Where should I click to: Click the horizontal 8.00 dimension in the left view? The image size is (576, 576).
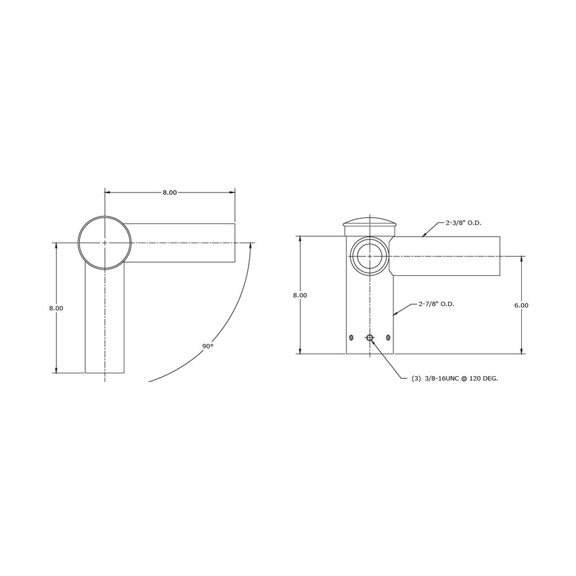click(170, 192)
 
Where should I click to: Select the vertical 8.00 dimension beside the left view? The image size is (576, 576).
click(56, 308)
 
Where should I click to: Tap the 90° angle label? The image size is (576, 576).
click(207, 346)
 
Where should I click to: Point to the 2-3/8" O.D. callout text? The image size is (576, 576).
click(463, 222)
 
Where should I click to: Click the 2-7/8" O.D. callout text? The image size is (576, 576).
click(437, 304)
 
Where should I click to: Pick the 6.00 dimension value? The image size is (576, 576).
click(521, 305)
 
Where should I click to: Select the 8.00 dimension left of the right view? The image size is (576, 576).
click(300, 295)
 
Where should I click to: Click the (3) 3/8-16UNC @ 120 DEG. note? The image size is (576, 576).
click(455, 378)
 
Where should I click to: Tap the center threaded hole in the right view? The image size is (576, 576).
click(370, 338)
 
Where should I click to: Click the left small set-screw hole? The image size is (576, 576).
click(351, 338)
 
